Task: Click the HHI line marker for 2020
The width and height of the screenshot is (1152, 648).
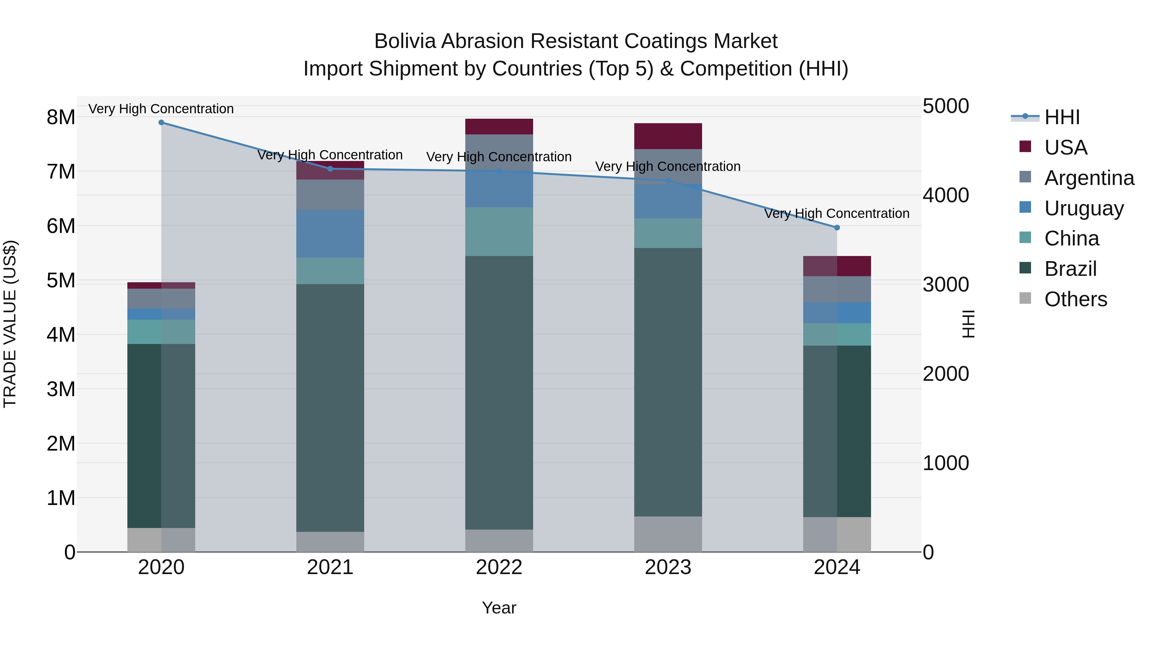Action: (162, 123)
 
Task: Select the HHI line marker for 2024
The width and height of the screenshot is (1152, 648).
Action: (837, 228)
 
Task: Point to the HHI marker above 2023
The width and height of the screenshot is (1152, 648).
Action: (668, 181)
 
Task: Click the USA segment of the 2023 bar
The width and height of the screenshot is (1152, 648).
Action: (668, 136)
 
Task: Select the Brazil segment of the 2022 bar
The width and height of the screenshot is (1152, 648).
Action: (499, 393)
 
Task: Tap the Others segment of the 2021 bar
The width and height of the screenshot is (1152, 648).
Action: (330, 541)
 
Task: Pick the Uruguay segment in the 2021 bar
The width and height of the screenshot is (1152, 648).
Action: (330, 234)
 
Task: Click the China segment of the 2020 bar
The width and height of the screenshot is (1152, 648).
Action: (162, 332)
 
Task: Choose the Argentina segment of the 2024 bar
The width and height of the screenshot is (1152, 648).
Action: (837, 289)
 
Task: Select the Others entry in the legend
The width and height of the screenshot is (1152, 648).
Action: (1076, 299)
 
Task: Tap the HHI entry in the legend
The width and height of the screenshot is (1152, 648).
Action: (1062, 117)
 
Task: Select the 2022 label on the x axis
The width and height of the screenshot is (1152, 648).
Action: (499, 567)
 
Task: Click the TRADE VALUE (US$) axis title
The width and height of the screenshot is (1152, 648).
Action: (10, 324)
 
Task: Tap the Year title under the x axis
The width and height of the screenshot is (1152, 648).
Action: (499, 608)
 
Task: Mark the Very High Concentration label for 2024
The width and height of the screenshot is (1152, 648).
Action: (837, 214)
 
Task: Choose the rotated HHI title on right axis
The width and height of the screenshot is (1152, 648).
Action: (968, 324)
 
